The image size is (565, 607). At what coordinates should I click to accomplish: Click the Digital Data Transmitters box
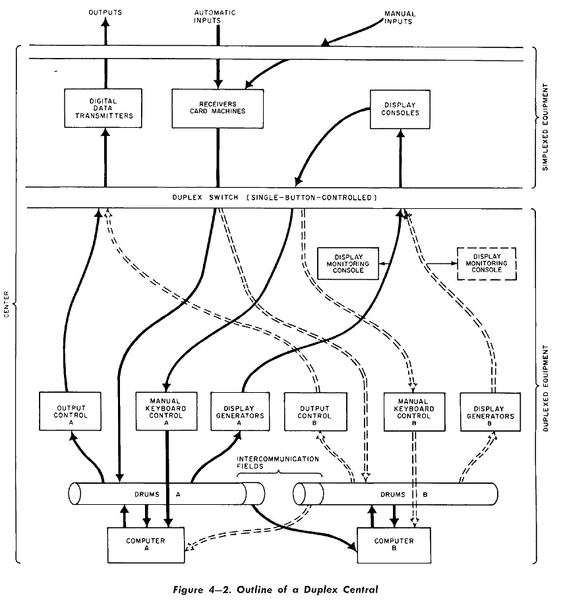[x=102, y=109]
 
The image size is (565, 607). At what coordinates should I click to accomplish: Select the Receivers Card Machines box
[x=217, y=108]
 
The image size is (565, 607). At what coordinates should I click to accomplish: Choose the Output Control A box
[x=69, y=412]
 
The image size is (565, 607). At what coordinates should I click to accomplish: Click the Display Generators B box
[x=490, y=412]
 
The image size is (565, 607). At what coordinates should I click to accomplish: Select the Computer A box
[x=146, y=544]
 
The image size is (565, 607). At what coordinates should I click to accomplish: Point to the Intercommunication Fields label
[x=278, y=462]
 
